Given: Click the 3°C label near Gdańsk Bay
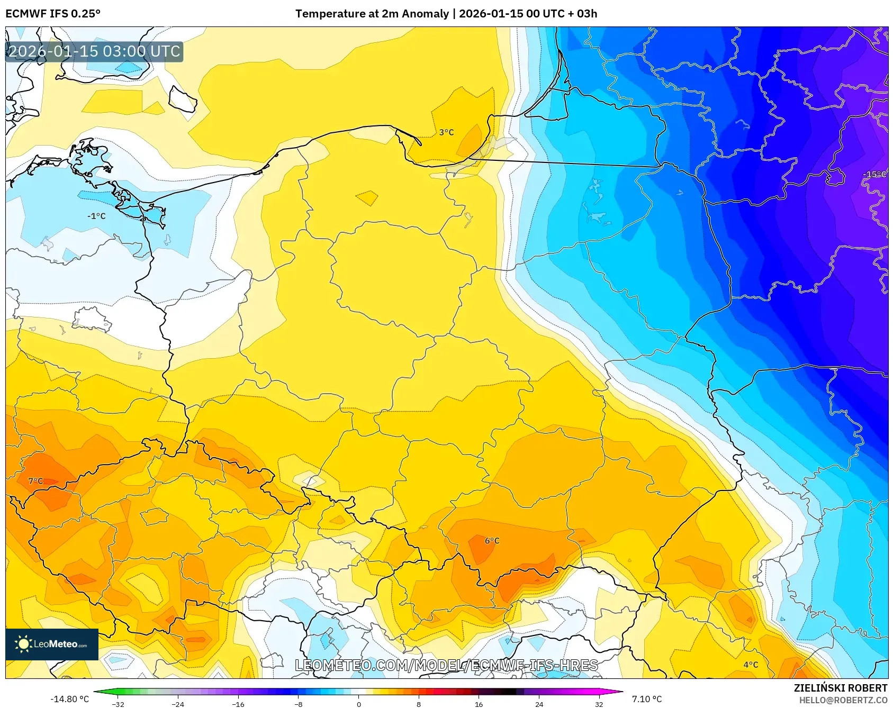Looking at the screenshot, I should (446, 132).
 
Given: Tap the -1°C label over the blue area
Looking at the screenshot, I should (96, 216).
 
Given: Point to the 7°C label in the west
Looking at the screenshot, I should (35, 481).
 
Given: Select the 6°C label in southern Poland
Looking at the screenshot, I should (492, 541).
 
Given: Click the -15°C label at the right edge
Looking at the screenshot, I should (874, 174).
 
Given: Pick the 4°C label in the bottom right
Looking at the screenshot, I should (750, 665).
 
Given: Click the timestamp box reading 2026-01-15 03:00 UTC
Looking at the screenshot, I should (94, 51).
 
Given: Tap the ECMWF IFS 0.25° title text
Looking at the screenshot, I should (53, 14).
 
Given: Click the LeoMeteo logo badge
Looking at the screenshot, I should (52, 644).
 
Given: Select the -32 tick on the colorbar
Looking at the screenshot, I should (118, 704).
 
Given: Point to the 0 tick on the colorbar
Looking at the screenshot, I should (358, 704).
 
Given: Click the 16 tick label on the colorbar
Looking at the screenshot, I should (479, 704).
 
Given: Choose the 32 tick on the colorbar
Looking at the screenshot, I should (599, 704).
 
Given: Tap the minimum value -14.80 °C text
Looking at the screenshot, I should (69, 699).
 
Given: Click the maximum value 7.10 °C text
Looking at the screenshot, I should (647, 699).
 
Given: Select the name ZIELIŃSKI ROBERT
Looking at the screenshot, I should (840, 688).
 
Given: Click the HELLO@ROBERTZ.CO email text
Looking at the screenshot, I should (843, 700).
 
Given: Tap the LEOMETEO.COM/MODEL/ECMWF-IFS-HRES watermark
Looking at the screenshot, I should (446, 665).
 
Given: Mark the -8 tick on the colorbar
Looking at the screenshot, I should (299, 704).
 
